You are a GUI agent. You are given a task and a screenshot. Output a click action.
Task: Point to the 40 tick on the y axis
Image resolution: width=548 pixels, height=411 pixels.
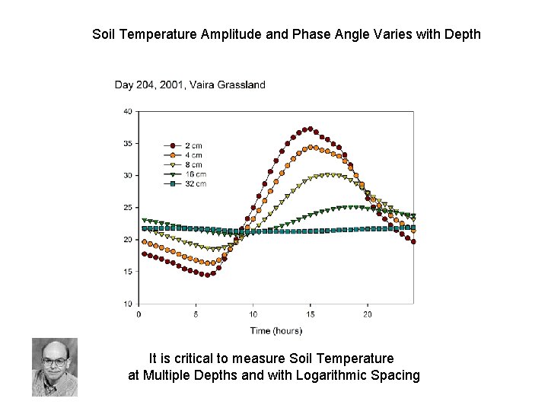coord(127,111)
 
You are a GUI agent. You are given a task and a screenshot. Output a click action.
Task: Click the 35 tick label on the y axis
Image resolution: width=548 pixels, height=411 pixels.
coord(127,143)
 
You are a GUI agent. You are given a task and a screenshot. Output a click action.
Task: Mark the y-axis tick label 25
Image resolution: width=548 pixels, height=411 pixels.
coord(127,208)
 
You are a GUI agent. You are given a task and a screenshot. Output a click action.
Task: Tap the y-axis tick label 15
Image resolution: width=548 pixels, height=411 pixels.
coord(127,272)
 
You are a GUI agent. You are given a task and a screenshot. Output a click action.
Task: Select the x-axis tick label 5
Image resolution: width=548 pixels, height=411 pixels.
coord(196,314)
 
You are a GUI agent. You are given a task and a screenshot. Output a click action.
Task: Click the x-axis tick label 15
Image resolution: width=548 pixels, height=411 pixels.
coord(311,314)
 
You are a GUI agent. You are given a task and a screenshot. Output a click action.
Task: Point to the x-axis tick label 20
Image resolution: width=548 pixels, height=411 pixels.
coord(368,314)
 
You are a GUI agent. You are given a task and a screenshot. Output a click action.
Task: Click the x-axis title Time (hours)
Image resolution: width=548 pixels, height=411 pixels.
coord(276,330)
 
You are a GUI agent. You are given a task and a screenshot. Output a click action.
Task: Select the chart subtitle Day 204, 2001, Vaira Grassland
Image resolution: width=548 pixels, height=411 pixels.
coord(190,84)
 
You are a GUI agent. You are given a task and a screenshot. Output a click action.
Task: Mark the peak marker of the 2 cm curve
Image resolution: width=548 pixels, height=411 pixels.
coord(308,129)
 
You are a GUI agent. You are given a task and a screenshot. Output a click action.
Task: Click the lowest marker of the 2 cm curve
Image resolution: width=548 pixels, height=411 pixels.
coord(205,275)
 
